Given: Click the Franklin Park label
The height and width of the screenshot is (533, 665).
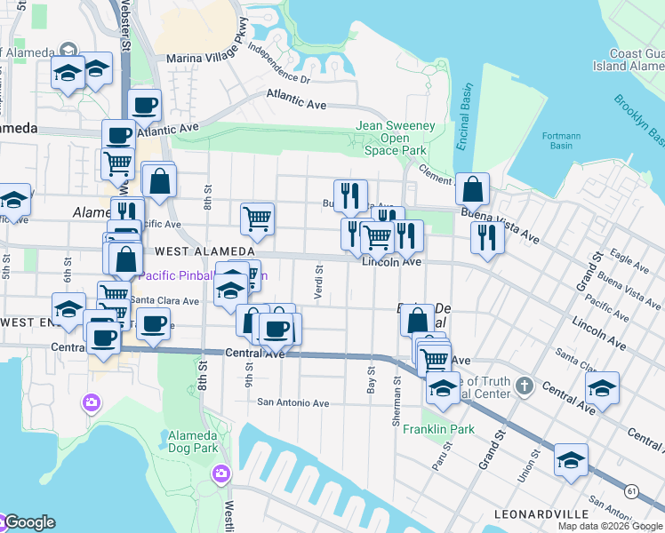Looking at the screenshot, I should click(438, 429).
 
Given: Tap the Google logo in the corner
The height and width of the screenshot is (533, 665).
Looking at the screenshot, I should click(28, 522).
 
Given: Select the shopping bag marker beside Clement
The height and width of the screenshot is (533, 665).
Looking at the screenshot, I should click(472, 188).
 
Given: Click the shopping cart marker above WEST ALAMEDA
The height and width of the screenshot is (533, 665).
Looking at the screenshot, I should click(257, 218).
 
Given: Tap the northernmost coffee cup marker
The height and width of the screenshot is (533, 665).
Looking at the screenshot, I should click(145, 105).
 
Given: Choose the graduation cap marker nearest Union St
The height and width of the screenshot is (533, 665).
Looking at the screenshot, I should click(571, 459).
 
